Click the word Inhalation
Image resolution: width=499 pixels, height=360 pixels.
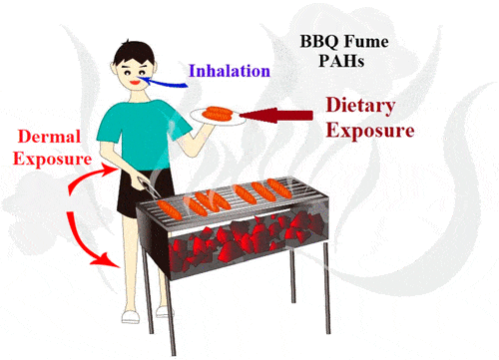[231, 71]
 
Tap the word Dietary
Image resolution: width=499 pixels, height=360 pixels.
[362, 105]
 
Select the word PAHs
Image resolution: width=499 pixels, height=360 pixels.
[340, 62]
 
